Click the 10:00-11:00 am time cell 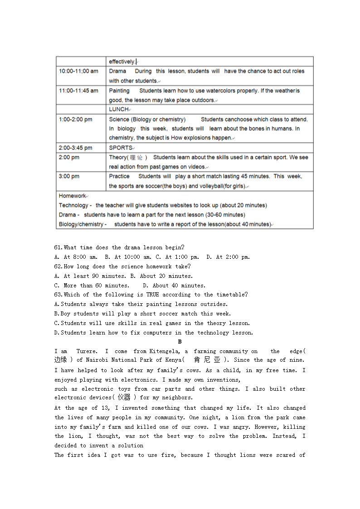point(78,71)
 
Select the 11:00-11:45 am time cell point(78,91)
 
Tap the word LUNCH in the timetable point(118,109)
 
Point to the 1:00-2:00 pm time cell point(75,120)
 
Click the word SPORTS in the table point(120,148)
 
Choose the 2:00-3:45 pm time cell point(75,148)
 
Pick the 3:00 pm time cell point(69,176)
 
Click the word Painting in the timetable point(119,91)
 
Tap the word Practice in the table point(119,176)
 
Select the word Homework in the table point(72,196)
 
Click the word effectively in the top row point(122,62)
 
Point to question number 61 point(58,247)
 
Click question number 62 point(58,267)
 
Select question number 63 point(58,295)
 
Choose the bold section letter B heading point(180,342)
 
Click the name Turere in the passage point(86,351)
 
